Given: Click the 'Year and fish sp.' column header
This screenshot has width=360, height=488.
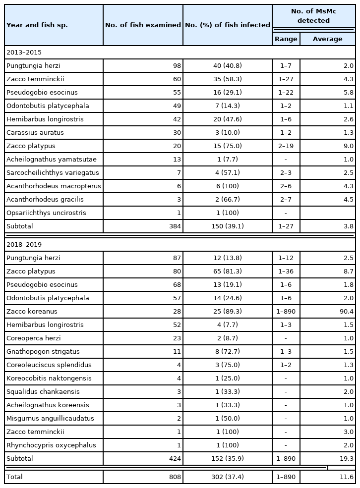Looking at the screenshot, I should [x=37, y=25].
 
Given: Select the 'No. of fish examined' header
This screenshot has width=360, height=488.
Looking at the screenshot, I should [x=143, y=25].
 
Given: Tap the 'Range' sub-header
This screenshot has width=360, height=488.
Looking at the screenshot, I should [x=286, y=39].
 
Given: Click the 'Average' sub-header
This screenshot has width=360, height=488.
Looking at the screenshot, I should [x=327, y=39].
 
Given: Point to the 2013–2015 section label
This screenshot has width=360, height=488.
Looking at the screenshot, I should [x=23, y=52].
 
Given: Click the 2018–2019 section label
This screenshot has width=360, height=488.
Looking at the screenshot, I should [x=23, y=244].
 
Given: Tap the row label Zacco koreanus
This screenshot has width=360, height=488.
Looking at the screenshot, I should [x=32, y=311].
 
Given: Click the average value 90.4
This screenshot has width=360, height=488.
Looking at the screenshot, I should [x=345, y=311].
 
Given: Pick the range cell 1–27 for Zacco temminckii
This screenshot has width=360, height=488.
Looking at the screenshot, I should [x=286, y=79].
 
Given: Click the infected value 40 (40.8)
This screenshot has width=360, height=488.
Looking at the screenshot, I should [x=228, y=65].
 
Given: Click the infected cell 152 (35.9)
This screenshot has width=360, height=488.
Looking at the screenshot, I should [x=228, y=458].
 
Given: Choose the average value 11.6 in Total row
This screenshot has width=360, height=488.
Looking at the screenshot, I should [x=345, y=477].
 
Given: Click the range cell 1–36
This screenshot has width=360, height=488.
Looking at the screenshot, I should [x=286, y=271].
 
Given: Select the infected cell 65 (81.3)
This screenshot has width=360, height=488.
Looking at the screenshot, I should [x=228, y=271].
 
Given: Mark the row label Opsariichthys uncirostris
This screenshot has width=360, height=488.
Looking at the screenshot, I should [x=46, y=213].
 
